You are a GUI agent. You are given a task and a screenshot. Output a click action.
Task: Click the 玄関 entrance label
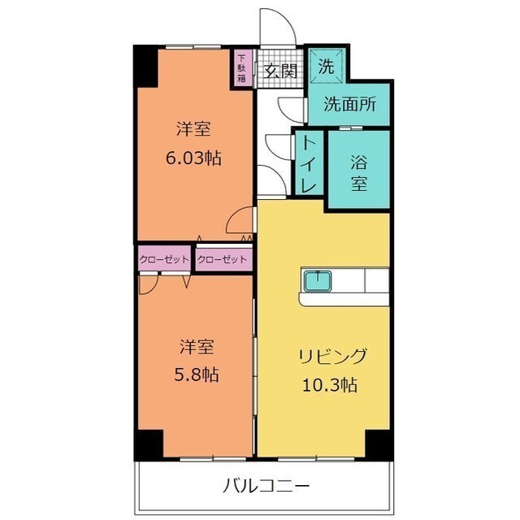tap(280, 71)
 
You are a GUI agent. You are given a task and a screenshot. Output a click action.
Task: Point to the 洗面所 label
tap(349, 105)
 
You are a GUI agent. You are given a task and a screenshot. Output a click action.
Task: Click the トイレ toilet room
tap(310, 165)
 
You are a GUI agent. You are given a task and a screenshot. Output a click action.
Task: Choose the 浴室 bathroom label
tap(358, 171)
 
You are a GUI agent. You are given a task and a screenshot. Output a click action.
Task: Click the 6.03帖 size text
tap(193, 158)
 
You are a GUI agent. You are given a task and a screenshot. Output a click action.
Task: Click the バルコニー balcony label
tap(266, 487)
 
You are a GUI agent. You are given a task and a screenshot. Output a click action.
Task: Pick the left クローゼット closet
tap(164, 259)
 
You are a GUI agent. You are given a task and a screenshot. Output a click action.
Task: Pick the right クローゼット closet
tap(223, 259)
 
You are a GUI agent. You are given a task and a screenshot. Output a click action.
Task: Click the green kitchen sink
tap(317, 282)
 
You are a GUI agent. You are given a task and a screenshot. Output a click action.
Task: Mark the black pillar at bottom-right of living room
tap(379, 443)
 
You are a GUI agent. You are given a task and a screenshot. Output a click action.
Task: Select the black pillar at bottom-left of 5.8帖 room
tap(149, 444)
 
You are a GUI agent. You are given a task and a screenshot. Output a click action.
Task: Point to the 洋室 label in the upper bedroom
tap(193, 128)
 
